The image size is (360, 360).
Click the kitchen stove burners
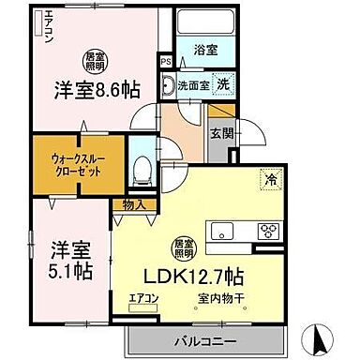[x=267, y=232]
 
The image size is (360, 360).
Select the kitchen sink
[x=225, y=232]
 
